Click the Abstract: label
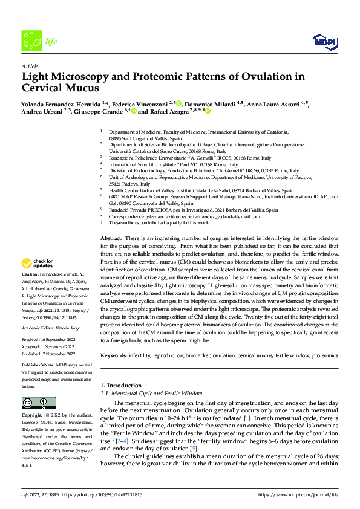click(111, 239)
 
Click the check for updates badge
click(38, 264)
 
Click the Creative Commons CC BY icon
click(38, 403)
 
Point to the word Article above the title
click(30, 66)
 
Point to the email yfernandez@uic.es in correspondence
click(164, 216)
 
